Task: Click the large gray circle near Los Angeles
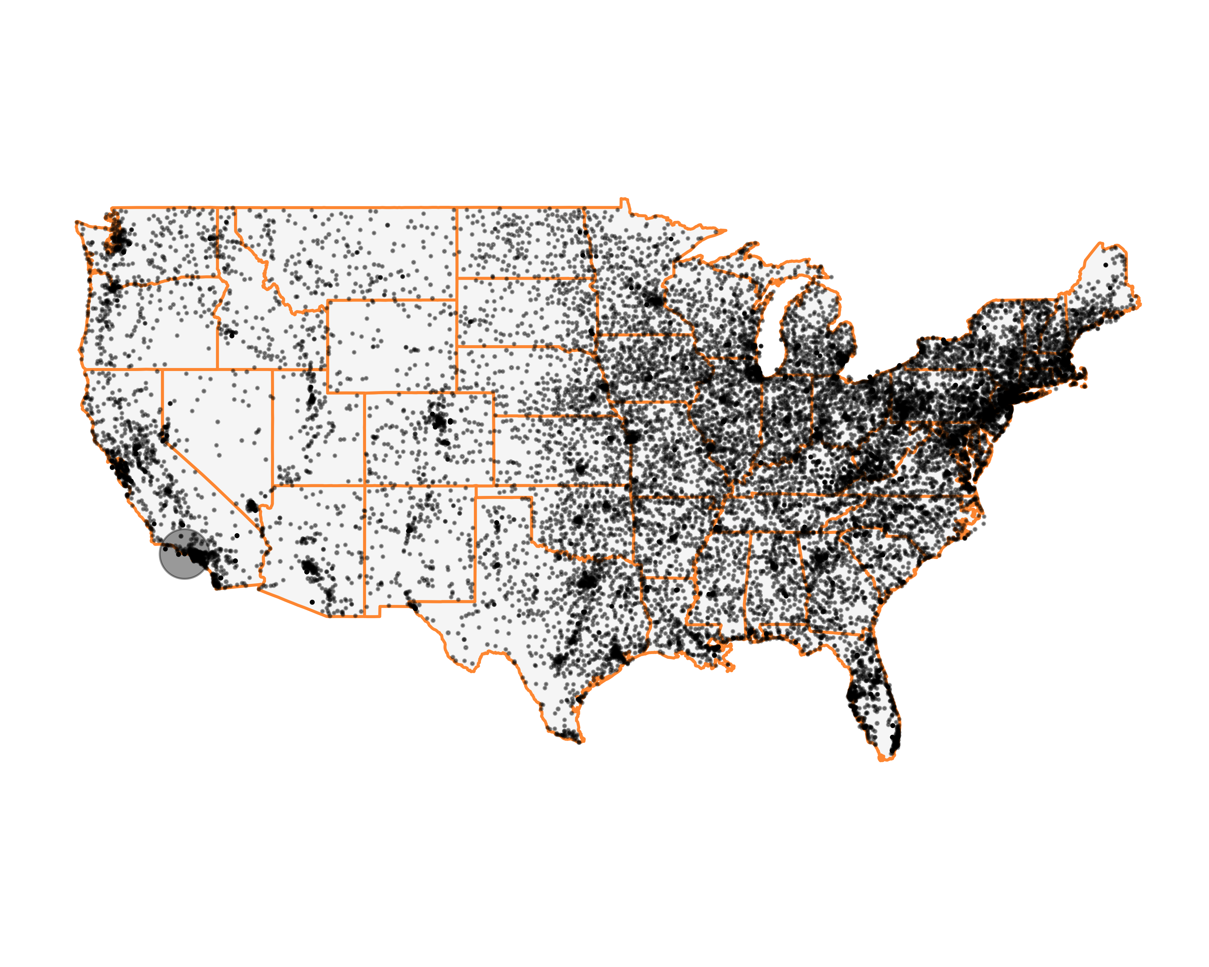click(184, 554)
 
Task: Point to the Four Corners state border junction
click(364, 486)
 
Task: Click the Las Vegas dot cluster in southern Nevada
click(252, 507)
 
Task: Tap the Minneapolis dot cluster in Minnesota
click(655, 302)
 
